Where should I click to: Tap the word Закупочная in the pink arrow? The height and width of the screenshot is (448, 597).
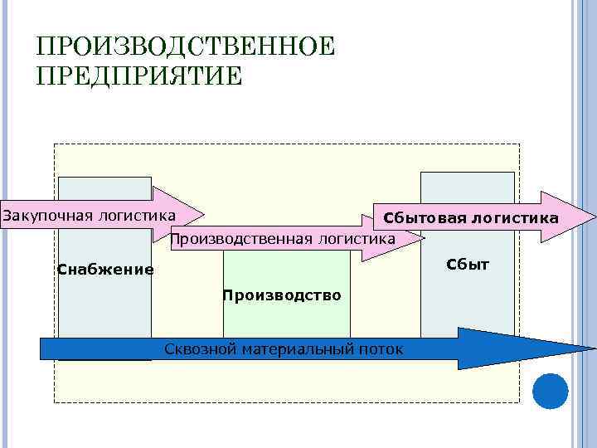pos(48,217)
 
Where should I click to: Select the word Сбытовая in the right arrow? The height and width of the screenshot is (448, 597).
pos(420,218)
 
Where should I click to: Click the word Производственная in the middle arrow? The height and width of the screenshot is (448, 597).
pos(237,240)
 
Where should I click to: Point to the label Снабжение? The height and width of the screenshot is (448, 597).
pos(105,269)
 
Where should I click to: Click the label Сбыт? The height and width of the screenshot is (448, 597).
pos(468,265)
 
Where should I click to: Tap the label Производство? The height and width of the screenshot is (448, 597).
pos(282,295)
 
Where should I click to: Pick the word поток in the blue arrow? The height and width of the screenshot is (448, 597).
pos(381,349)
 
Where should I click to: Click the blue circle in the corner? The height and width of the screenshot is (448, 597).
pos(550,391)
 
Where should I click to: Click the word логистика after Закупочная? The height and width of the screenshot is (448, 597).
pos(137,217)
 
